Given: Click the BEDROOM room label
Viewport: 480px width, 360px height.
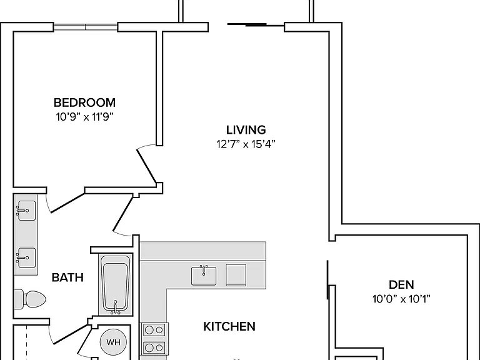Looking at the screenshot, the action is (84, 102).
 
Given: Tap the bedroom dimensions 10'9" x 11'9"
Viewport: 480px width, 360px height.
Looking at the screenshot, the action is (84, 117).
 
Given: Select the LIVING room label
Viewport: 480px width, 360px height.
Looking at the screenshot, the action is (246, 130).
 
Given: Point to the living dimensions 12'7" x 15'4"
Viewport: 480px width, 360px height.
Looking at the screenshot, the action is (246, 144).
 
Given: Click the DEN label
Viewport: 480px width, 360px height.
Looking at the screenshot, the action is (401, 285).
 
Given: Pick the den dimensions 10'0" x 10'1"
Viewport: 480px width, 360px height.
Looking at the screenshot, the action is (401, 299).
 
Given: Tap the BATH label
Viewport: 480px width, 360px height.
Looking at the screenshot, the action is (67, 277).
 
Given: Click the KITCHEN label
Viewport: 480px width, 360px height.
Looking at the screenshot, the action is (229, 327).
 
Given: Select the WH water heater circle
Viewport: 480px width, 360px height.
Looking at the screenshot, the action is (113, 342).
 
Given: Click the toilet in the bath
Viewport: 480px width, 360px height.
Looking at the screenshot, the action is (30, 299).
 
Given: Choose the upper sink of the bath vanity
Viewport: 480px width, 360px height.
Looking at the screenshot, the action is (26, 210).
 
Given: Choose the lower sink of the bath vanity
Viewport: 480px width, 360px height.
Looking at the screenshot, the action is (26, 257).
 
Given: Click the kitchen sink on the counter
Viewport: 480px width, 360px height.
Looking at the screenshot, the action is (204, 276).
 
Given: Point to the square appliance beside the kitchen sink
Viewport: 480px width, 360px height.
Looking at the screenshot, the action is (236, 275).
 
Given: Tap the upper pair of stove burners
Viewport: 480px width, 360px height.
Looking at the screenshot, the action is (154, 330).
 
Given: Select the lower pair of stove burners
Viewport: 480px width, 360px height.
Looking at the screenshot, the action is (154, 348).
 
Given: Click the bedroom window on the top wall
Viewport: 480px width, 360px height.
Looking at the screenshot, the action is (86, 27).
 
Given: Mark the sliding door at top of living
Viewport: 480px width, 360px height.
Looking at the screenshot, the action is (256, 24).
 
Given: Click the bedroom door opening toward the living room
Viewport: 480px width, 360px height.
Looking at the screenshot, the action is (147, 165).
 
